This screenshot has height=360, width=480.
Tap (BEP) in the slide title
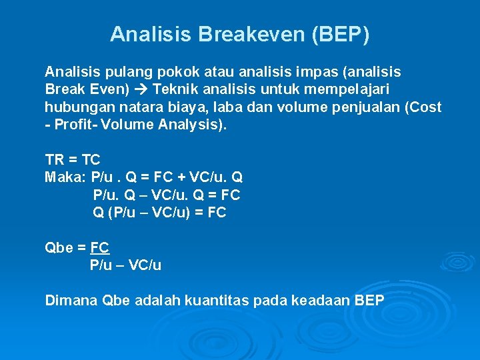tap(340, 34)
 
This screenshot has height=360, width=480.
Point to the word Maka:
tap(65, 177)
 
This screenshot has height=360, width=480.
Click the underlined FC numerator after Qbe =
tap(99, 248)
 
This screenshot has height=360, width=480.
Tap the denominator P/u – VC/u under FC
tap(125, 265)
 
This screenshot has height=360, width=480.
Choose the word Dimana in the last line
tap(71, 301)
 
